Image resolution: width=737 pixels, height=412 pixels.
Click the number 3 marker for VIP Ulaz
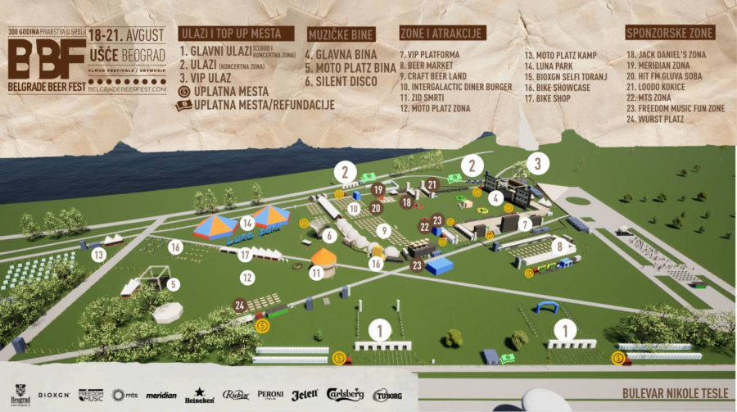pyautogui.click(x=537, y=162)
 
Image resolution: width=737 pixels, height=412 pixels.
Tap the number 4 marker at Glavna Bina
pyautogui.click(x=495, y=197)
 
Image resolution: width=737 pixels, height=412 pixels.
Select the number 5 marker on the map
pyautogui.click(x=173, y=284)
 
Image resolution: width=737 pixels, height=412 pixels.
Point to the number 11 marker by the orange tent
pyautogui.click(x=316, y=274)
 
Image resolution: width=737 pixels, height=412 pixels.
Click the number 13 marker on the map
pyautogui.click(x=99, y=255)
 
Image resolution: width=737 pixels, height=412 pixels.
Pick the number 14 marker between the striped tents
pyautogui.click(x=247, y=223)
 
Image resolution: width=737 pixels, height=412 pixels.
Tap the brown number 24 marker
pyautogui.click(x=240, y=306)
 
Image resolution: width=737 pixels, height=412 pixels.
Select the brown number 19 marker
pyautogui.click(x=378, y=190)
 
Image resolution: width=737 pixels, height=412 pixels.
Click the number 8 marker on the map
pyautogui.click(x=560, y=246)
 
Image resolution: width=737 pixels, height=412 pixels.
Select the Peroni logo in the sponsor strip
pyautogui.click(x=270, y=395)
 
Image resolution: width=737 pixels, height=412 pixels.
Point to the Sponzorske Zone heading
pyautogui.click(x=670, y=34)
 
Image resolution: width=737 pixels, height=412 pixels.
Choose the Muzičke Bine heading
pyautogui.click(x=341, y=34)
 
